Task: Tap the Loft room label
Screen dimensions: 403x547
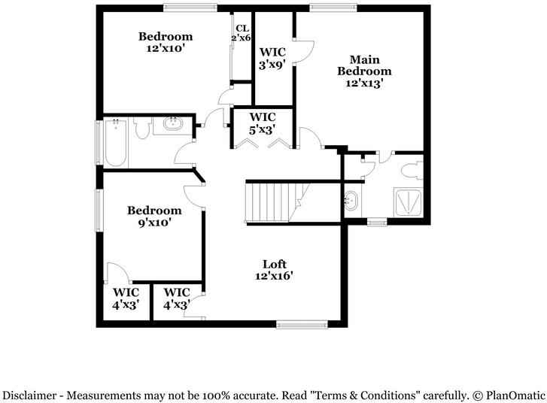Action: (273, 270)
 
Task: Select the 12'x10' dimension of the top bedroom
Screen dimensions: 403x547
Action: (166, 48)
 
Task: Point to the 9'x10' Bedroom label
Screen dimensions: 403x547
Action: (153, 217)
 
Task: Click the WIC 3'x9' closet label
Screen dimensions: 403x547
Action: (272, 58)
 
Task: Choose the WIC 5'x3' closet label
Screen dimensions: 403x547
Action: (263, 123)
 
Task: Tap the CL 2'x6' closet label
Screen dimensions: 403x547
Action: (241, 33)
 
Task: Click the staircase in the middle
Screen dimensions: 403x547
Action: (272, 201)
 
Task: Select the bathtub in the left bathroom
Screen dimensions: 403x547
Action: (114, 142)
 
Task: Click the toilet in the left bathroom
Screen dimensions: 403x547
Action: (141, 130)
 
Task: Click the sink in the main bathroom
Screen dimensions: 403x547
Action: (351, 201)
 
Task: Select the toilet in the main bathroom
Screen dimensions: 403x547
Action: (411, 168)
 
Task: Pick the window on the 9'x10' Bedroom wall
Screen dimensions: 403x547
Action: (98, 211)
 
